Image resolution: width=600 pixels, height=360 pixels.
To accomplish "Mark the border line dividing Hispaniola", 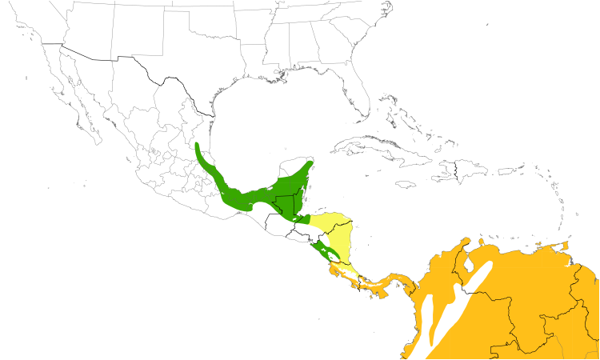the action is (456, 170).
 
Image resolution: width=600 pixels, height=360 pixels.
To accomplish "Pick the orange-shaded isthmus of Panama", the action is (392, 282).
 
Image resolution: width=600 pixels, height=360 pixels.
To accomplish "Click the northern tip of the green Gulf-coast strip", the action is (198, 146).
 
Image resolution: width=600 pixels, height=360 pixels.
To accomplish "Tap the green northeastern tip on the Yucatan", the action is (307, 165).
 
